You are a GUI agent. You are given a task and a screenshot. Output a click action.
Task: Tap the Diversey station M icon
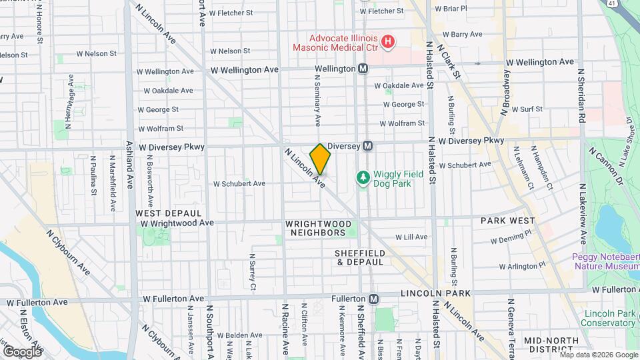367,145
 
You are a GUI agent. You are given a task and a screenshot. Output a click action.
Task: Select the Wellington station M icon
363,69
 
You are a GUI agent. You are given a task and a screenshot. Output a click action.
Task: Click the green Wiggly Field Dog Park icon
363,177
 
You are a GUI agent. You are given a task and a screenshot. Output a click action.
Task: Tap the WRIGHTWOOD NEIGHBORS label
316,228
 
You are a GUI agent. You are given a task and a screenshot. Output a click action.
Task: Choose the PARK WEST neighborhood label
503,220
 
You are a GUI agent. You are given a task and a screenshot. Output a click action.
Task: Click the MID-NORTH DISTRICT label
549,345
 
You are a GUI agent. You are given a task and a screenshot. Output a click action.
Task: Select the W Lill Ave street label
411,237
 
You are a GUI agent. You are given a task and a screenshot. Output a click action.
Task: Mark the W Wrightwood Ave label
176,223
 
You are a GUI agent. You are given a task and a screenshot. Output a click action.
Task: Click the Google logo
21,351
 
